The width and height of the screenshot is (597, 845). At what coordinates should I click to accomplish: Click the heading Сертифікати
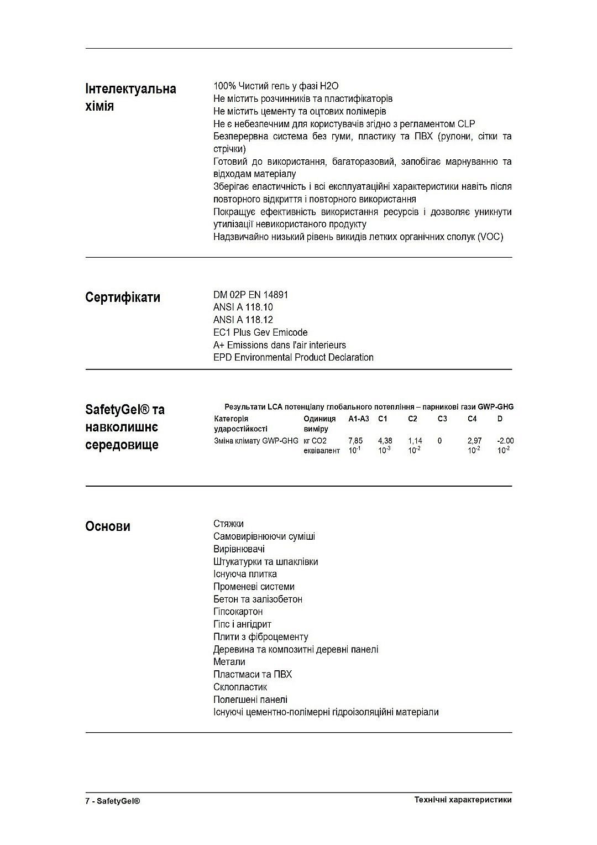[123, 298]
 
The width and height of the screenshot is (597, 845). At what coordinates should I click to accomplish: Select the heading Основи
[108, 526]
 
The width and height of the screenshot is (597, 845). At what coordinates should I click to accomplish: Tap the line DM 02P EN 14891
[250, 295]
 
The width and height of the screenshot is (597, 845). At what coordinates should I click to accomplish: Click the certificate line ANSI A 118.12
[243, 320]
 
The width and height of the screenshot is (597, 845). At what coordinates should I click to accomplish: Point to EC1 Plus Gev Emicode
[260, 332]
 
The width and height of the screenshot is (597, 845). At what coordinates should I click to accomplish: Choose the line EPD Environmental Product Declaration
[294, 357]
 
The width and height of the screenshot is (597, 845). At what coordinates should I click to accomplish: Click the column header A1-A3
[359, 419]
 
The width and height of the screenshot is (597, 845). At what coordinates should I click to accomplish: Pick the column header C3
[442, 419]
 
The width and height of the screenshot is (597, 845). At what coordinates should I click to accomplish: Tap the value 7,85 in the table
[355, 441]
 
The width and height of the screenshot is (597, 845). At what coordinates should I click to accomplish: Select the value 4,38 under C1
[385, 441]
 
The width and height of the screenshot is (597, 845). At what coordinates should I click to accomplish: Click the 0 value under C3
[439, 441]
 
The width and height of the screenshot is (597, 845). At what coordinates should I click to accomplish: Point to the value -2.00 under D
[505, 441]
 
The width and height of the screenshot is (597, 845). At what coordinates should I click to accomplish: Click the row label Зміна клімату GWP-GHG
[256, 441]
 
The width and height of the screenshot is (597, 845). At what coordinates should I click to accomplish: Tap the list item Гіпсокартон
[238, 612]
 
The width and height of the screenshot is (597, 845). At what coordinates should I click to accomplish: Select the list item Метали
[229, 662]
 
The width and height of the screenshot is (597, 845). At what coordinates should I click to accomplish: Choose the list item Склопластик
[240, 687]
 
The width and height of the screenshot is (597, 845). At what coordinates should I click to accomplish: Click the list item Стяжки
[228, 524]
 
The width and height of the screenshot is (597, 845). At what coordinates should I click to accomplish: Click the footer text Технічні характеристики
[463, 800]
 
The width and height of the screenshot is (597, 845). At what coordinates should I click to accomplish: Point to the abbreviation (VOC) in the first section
[491, 237]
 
